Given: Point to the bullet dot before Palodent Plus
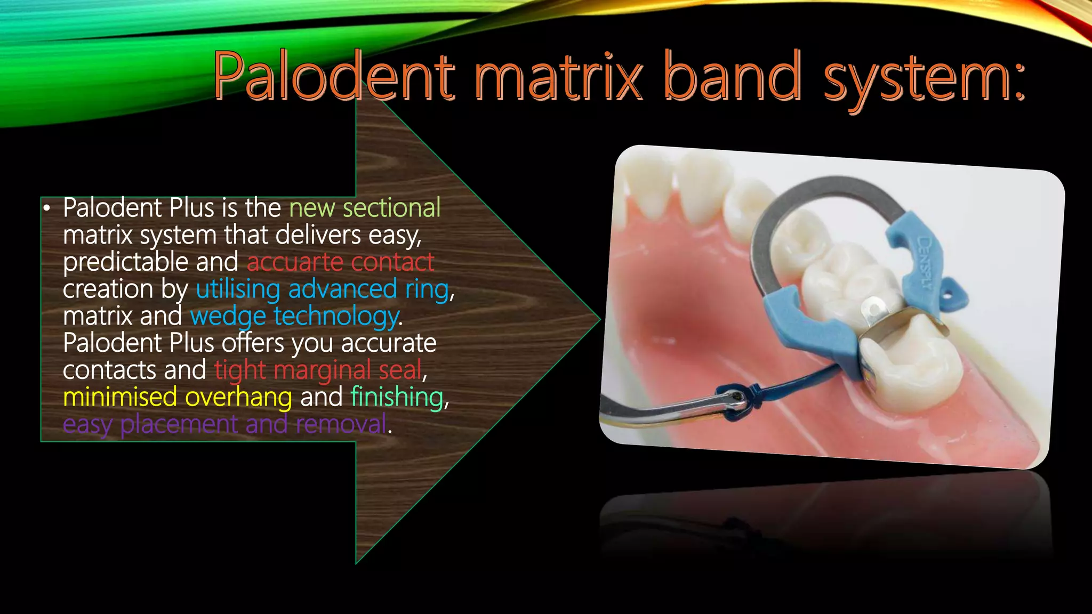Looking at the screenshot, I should click(47, 208).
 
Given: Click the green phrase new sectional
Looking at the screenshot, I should click(365, 207).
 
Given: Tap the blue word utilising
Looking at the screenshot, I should click(238, 289).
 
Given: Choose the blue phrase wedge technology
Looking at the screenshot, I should click(295, 317).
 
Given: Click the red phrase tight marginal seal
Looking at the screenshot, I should click(318, 370).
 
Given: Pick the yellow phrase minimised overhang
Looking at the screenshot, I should click(178, 397).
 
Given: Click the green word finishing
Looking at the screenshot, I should click(397, 397).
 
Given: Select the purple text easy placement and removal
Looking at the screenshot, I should click(224, 424).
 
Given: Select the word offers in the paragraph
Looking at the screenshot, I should click(253, 343).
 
